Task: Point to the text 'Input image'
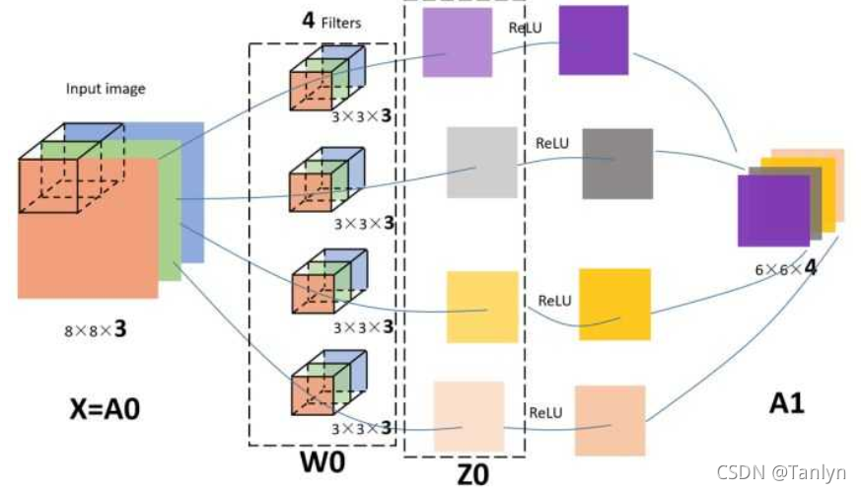(106, 89)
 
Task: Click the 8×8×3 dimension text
(94, 329)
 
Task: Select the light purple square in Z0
(457, 42)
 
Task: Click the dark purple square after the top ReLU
(594, 39)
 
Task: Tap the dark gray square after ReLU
(616, 164)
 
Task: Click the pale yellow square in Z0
(481, 307)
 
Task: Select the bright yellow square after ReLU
(614, 304)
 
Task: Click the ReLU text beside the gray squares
(553, 143)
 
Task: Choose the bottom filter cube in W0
(324, 384)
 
